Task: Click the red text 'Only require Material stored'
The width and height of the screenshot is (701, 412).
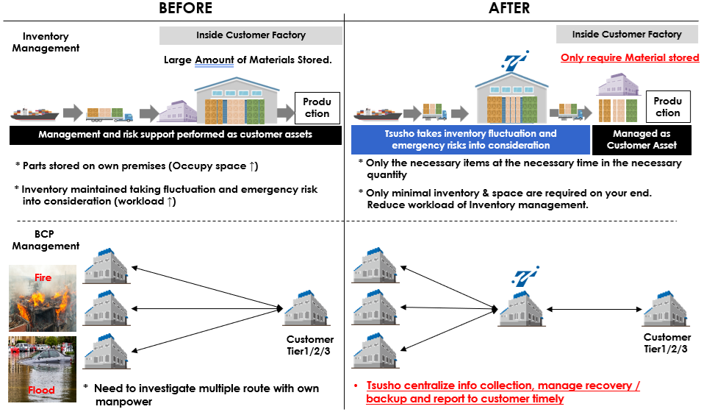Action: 630,57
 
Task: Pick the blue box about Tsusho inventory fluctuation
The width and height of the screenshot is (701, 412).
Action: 470,140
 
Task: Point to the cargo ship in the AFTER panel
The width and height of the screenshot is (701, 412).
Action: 377,113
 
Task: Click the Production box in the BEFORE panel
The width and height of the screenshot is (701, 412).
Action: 317,107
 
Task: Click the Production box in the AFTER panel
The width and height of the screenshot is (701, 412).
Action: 667,107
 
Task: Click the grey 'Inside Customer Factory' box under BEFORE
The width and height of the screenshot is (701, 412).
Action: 251,35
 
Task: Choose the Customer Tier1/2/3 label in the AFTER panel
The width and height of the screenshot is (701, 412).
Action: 666,343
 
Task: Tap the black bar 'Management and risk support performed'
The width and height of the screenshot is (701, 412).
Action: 176,135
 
